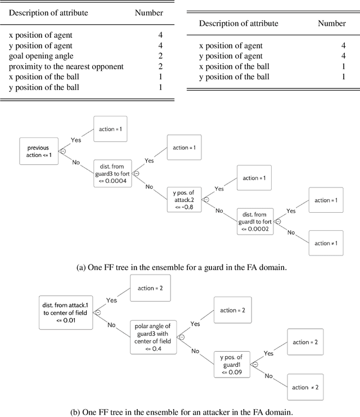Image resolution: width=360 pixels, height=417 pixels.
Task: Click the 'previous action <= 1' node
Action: coord(39,151)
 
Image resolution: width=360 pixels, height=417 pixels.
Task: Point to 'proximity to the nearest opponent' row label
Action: coord(66,66)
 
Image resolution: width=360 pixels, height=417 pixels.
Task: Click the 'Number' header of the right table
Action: coord(331,23)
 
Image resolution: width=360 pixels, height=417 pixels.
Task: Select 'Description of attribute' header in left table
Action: coord(49,12)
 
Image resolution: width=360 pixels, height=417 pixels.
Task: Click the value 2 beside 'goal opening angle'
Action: coord(160,56)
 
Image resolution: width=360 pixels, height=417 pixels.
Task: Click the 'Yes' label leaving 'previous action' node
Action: coord(76,140)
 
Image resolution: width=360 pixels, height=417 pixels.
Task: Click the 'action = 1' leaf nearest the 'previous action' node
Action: coord(112,129)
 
